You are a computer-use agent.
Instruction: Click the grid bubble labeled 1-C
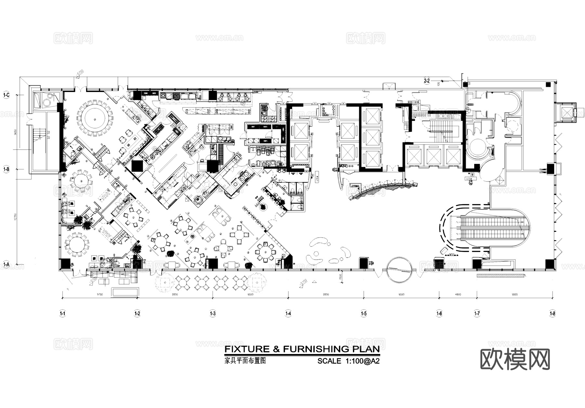6,95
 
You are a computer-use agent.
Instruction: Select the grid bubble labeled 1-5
364,313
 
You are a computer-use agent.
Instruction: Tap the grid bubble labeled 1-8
552,313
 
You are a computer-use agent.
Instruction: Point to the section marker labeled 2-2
427,81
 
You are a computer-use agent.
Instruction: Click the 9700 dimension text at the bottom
99,295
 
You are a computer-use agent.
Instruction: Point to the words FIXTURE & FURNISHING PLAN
302,349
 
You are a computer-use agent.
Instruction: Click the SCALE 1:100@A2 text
348,361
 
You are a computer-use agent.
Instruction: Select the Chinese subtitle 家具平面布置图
245,361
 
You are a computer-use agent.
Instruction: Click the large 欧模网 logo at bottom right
515,360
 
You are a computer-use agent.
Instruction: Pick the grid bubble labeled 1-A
6,264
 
